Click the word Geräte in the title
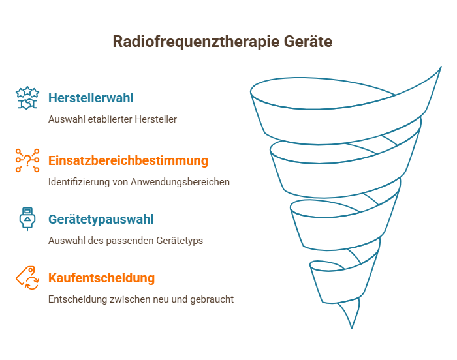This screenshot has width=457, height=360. pos(308,41)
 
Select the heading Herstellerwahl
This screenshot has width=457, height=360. pos(91,98)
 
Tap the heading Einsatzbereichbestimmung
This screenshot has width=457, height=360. pos(128,160)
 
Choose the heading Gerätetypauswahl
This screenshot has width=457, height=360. pos(101,220)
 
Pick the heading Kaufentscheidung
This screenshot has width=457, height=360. pos(101,278)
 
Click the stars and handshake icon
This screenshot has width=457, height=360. pos(27,98)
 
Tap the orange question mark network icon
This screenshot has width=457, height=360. pos(27,160)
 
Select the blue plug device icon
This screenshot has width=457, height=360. pos(27,219)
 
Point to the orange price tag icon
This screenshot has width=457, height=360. pos(27,278)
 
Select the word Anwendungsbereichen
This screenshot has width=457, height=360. pos(180,182)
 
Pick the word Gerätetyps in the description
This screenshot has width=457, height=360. pos(180,241)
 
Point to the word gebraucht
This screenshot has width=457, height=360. pos(212,299)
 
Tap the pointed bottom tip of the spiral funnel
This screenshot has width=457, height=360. pos(352,329)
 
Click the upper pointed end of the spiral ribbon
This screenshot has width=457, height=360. pos(441,67)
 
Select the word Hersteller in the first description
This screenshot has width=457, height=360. pos(156,119)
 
